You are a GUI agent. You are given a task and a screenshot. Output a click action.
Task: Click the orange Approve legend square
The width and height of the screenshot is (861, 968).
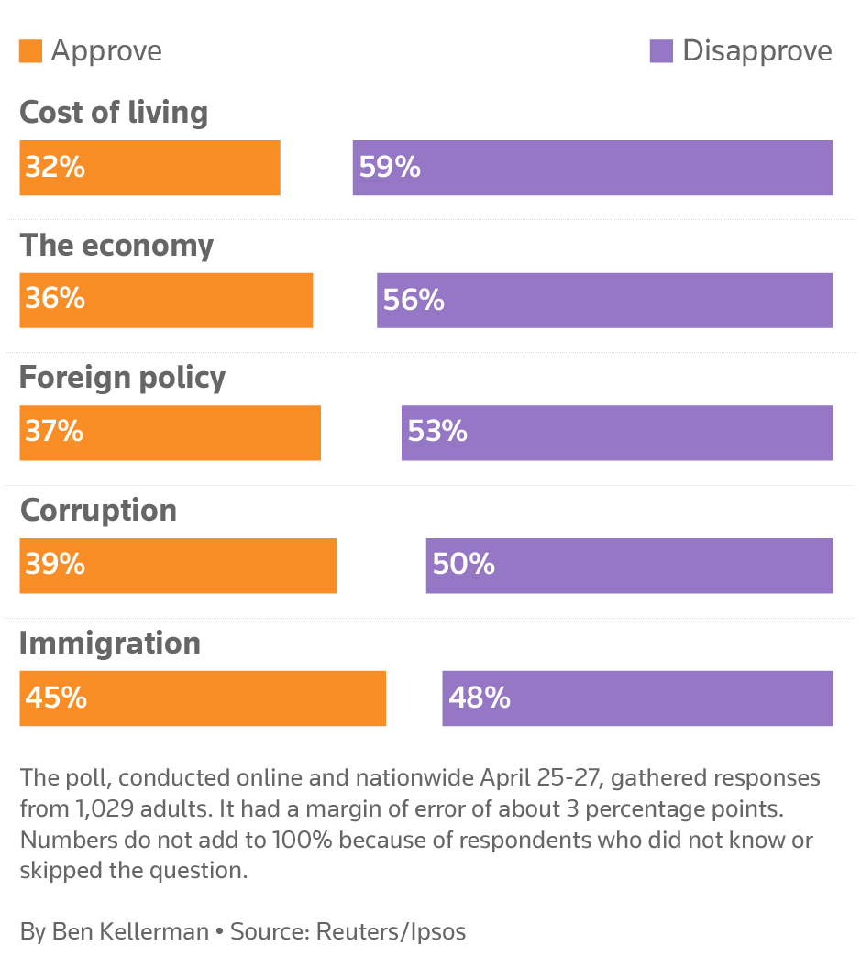30,51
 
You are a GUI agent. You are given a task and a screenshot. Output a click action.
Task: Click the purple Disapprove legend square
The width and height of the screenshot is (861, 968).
661,51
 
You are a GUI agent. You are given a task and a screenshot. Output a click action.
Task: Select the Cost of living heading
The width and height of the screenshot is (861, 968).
114,113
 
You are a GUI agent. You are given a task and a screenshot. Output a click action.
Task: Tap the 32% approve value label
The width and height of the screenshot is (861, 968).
55,168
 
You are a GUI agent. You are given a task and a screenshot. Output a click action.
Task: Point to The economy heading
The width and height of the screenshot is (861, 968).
116,246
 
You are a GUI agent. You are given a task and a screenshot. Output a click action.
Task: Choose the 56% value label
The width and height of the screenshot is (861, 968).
414,300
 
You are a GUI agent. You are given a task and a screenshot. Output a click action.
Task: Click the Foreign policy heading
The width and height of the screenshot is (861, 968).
122,378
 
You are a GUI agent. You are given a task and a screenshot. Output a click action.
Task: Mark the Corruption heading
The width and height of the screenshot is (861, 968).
98,511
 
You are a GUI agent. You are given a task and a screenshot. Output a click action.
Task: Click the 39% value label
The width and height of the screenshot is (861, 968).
55,565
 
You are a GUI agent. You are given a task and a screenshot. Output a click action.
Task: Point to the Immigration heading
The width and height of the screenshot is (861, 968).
110,643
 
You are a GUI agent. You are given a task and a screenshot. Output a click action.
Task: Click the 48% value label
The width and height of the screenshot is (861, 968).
479,698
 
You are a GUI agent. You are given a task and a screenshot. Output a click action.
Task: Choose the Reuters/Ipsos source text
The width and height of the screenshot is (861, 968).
391,932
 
